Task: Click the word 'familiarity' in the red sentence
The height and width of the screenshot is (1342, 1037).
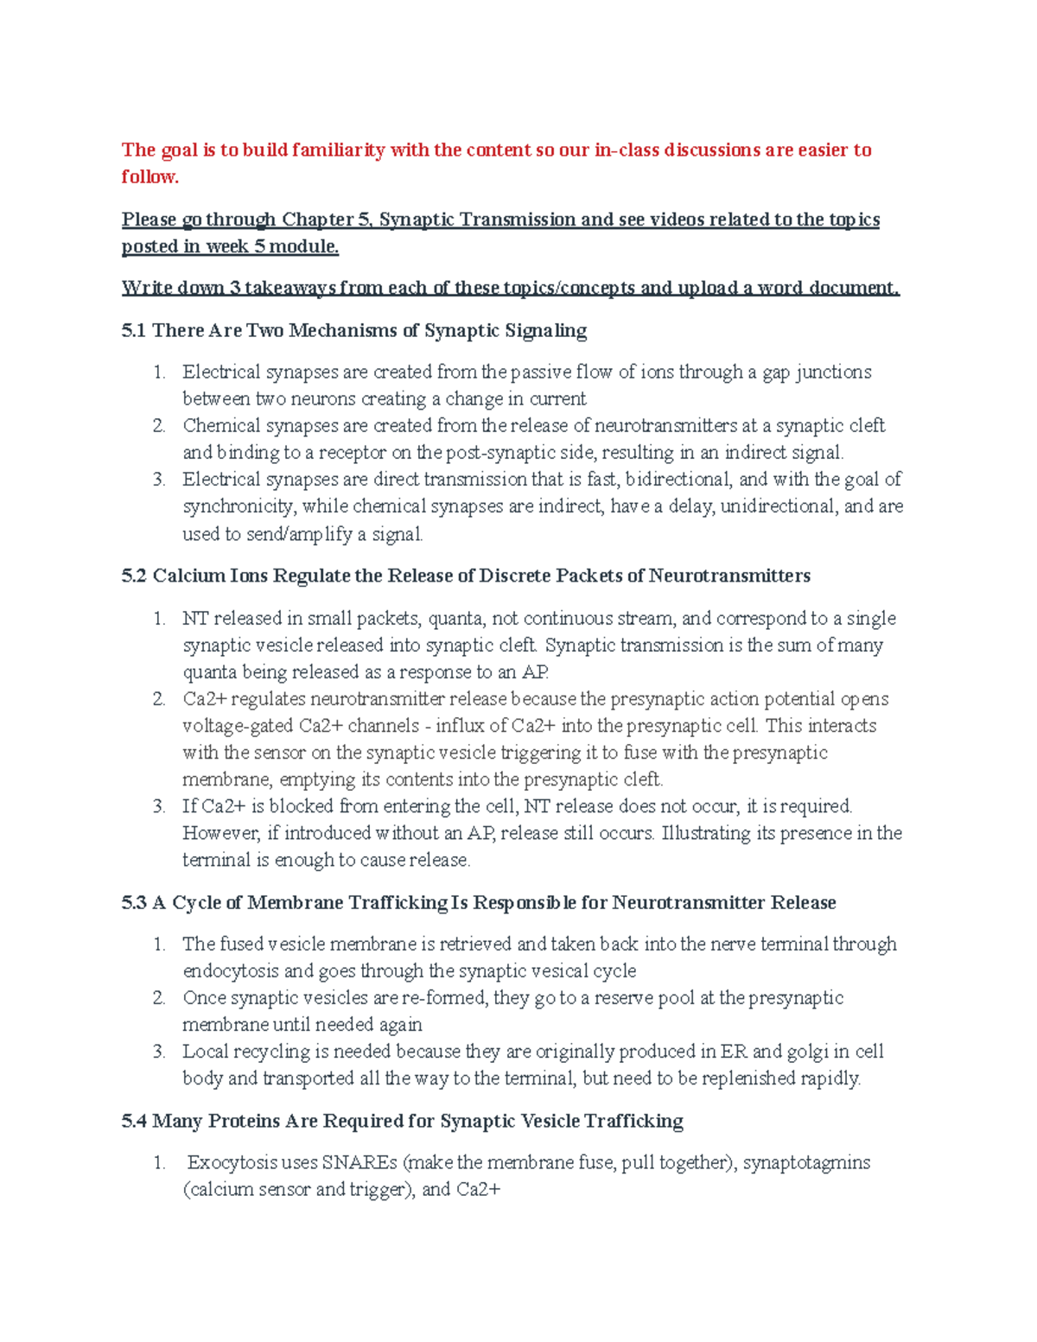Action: (338, 150)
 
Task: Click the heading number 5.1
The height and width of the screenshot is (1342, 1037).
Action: (134, 330)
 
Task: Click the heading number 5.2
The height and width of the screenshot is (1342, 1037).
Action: (134, 576)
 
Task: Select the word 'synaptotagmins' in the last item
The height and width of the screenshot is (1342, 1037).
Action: (806, 1163)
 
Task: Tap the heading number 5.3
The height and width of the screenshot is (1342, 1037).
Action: (134, 903)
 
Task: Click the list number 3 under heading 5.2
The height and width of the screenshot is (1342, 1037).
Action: (159, 806)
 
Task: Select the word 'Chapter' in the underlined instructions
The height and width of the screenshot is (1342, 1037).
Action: (317, 219)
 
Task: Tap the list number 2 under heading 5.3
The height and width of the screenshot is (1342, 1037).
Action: (159, 998)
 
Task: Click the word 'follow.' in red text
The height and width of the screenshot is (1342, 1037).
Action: (150, 176)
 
